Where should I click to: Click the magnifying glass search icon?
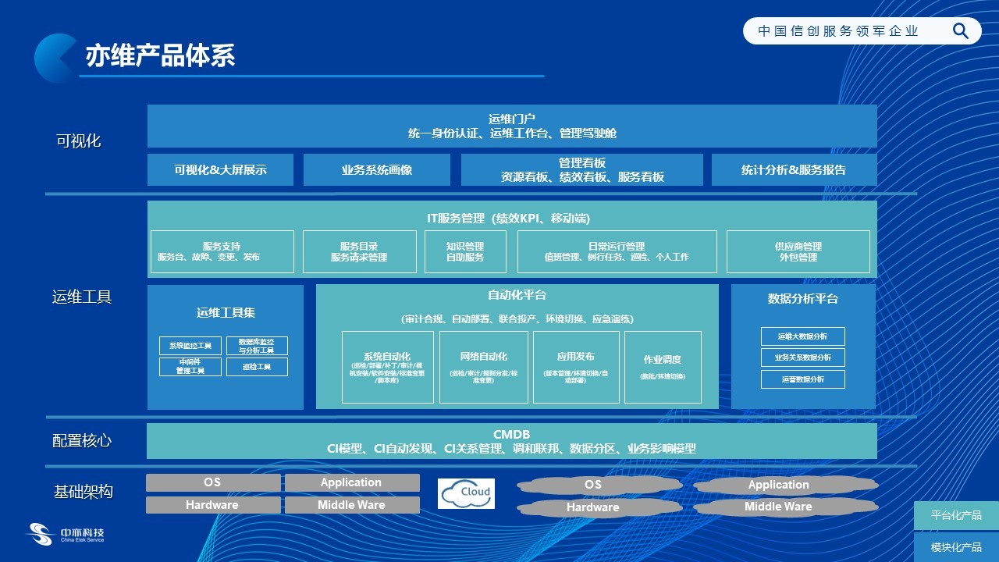tap(961, 31)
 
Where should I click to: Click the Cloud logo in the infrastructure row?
tap(466, 493)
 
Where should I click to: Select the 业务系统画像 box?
tap(376, 169)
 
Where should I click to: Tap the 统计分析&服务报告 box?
tap(793, 169)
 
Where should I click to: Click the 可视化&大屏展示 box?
tap(220, 169)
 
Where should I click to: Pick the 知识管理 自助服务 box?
tap(465, 251)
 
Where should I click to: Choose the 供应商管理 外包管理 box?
tap(798, 251)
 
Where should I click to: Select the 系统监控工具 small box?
tap(190, 346)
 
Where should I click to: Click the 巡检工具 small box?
tap(257, 367)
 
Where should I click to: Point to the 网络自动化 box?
tap(483, 367)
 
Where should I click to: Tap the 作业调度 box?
tap(662, 367)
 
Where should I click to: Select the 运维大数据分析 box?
tap(802, 336)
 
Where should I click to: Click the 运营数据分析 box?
tap(802, 379)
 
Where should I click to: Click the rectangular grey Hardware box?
tap(212, 505)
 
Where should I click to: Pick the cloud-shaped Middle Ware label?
tap(778, 507)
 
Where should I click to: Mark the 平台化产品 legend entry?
tap(956, 516)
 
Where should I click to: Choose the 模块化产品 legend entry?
tap(956, 547)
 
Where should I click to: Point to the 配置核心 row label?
tap(82, 441)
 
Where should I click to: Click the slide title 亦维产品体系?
tap(160, 55)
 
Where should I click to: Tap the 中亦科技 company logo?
tap(66, 535)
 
